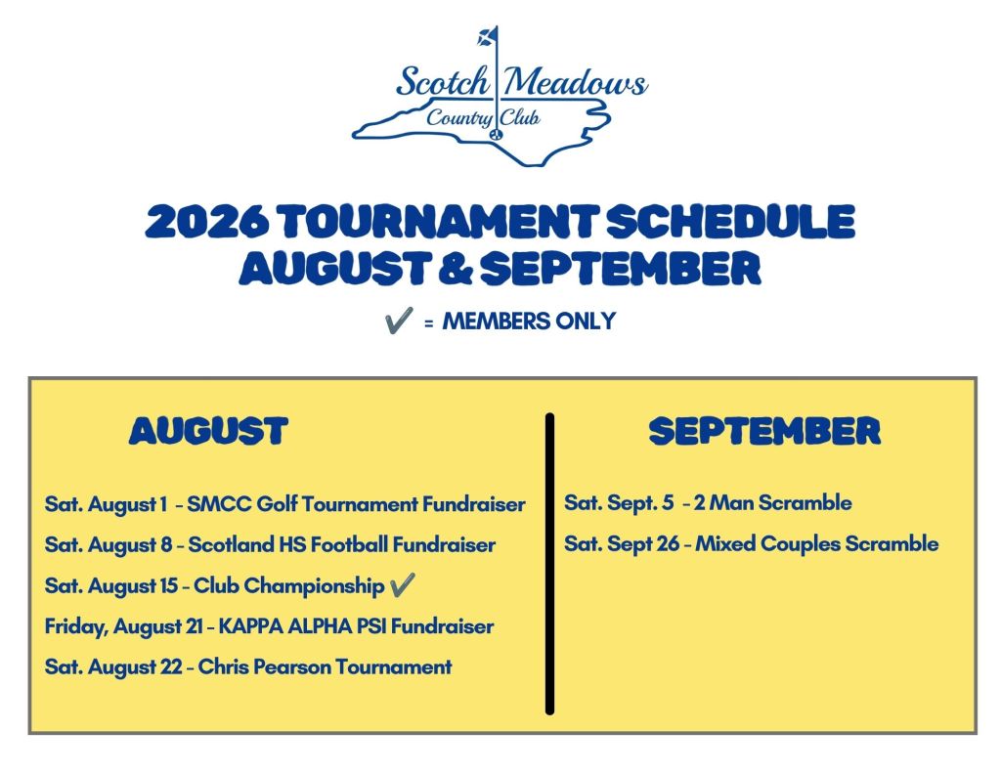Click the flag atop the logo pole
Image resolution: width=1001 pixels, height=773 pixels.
pyautogui.click(x=487, y=36)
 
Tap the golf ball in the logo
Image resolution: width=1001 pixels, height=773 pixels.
pyautogui.click(x=497, y=134)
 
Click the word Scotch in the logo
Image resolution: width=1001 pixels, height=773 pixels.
pyautogui.click(x=443, y=82)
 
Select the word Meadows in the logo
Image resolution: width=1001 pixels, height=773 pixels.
pyautogui.click(x=575, y=82)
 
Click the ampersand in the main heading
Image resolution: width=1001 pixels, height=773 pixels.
pyautogui.click(x=456, y=268)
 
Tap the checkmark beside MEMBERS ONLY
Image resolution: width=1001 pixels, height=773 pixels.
pyautogui.click(x=399, y=320)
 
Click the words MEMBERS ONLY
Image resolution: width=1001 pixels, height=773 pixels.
pyautogui.click(x=529, y=321)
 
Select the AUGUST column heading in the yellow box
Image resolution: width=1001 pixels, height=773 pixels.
pyautogui.click(x=208, y=431)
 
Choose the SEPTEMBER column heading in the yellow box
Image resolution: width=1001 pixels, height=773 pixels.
pyautogui.click(x=764, y=431)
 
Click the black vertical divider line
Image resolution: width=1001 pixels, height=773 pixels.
pyautogui.click(x=549, y=564)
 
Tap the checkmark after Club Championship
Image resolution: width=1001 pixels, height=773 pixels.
pyautogui.click(x=402, y=584)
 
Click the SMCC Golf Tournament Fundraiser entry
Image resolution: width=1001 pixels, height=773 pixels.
pyautogui.click(x=356, y=504)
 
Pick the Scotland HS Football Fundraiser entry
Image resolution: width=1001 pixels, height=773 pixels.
pyautogui.click(x=341, y=545)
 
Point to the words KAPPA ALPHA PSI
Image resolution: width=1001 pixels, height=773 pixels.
pyautogui.click(x=302, y=626)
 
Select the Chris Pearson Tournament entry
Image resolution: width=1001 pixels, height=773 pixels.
pyautogui.click(x=325, y=667)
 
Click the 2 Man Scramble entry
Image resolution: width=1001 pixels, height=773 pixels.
pyautogui.click(x=772, y=503)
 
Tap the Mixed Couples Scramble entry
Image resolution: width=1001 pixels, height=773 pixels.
pyautogui.click(x=816, y=544)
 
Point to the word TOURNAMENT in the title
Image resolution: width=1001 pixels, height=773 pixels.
pyautogui.click(x=439, y=222)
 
